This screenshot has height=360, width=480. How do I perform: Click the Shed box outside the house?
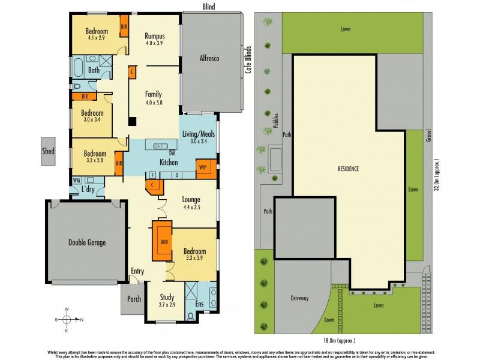point(48,151)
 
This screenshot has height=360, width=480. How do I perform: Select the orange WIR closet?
point(163,241)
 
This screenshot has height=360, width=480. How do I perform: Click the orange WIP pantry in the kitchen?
point(203,169)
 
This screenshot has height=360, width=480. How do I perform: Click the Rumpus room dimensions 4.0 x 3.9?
point(155,43)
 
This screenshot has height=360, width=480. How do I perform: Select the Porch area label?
point(133,298)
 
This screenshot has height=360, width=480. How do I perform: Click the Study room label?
point(167,297)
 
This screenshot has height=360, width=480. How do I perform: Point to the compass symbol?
point(67,320)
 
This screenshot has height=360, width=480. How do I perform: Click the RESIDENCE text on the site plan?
point(347,169)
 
